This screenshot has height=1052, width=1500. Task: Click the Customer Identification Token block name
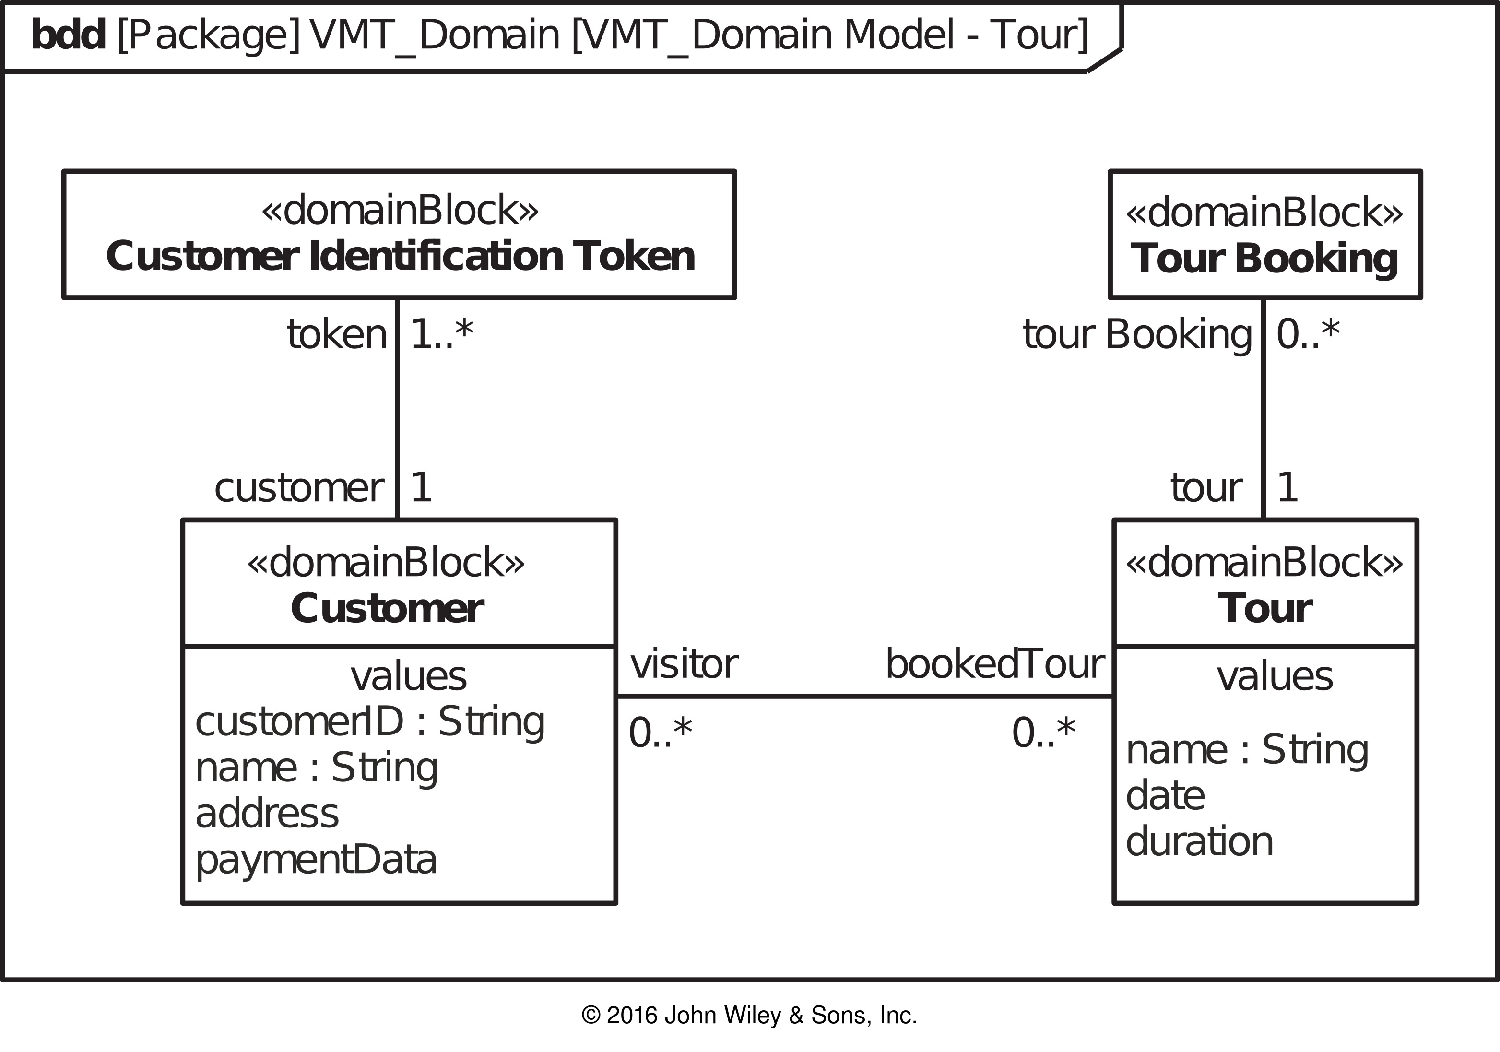(x=400, y=256)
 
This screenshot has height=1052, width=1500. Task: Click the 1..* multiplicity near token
(x=442, y=334)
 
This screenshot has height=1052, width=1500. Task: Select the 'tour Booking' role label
(x=1137, y=335)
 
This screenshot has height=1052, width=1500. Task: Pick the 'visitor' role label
(x=684, y=664)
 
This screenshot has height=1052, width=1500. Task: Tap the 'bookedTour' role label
(x=995, y=664)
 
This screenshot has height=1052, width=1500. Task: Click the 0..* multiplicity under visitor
(x=660, y=733)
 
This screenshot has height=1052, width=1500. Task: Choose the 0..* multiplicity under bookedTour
(x=1043, y=733)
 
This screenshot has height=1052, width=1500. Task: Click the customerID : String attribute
(x=370, y=722)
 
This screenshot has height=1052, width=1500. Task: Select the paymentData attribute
(x=316, y=861)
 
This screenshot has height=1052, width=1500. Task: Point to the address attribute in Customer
(x=267, y=814)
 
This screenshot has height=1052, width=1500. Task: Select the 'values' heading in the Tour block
(x=1275, y=676)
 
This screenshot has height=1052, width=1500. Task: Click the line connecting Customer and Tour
(x=865, y=697)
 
